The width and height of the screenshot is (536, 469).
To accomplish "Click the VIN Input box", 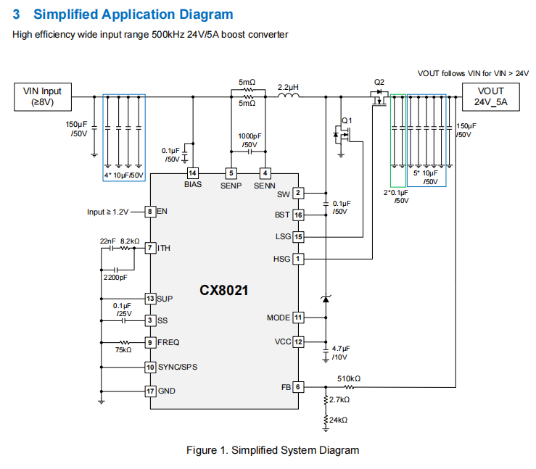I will pos(43,96).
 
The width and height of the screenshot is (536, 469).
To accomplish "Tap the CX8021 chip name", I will pos(224,290).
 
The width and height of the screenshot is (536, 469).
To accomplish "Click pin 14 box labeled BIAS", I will pos(192,173).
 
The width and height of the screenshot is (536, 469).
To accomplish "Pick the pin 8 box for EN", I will pos(150,212).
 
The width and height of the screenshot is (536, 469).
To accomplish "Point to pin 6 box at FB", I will pos(297,387).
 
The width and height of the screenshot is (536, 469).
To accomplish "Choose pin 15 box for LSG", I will pos(298,237).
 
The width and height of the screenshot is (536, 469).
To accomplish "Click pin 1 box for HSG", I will pos(297,259).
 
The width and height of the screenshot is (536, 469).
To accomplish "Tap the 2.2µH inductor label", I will pos(288,87).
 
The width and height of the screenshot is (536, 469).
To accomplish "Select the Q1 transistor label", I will pos(346,120).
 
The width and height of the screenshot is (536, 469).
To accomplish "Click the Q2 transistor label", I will pos(379,82).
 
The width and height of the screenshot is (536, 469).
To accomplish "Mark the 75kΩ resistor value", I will pos(123,350).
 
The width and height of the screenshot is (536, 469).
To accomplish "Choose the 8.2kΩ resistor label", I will pos(130,241).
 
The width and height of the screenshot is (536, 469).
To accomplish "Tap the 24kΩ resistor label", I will pos(339,420).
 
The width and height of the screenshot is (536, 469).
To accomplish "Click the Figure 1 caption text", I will pos(272,450).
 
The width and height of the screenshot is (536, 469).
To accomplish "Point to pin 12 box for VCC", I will pos(298,341).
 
